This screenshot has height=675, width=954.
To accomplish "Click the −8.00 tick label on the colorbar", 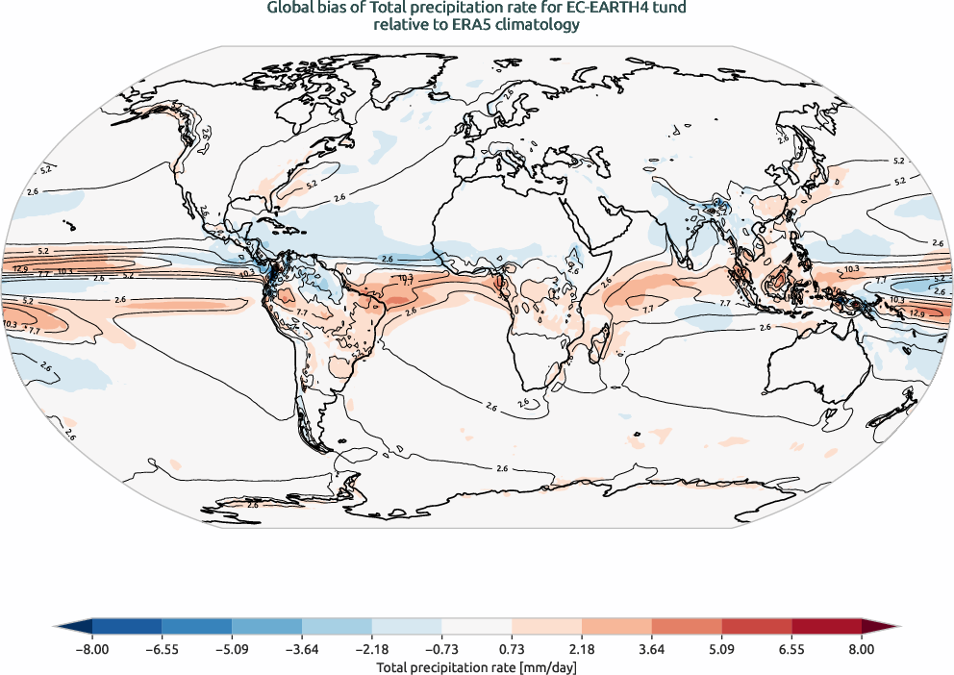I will pos(92,650).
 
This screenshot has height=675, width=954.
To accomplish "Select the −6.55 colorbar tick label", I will pos(162,650).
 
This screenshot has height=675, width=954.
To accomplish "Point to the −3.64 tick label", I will pos(302,650).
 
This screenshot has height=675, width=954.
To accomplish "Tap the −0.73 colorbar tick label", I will pos(441,650).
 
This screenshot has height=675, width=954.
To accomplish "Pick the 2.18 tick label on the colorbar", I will pos(581,650).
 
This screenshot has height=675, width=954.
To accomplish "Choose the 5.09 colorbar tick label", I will pos(721,650).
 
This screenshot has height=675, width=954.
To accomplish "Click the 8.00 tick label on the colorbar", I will pos(861,650).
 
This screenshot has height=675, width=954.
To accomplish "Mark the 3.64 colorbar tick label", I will pos(651,650).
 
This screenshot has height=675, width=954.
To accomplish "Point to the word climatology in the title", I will pos(538,26).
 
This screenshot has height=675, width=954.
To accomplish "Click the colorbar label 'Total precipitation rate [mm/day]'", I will pos(476,666).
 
